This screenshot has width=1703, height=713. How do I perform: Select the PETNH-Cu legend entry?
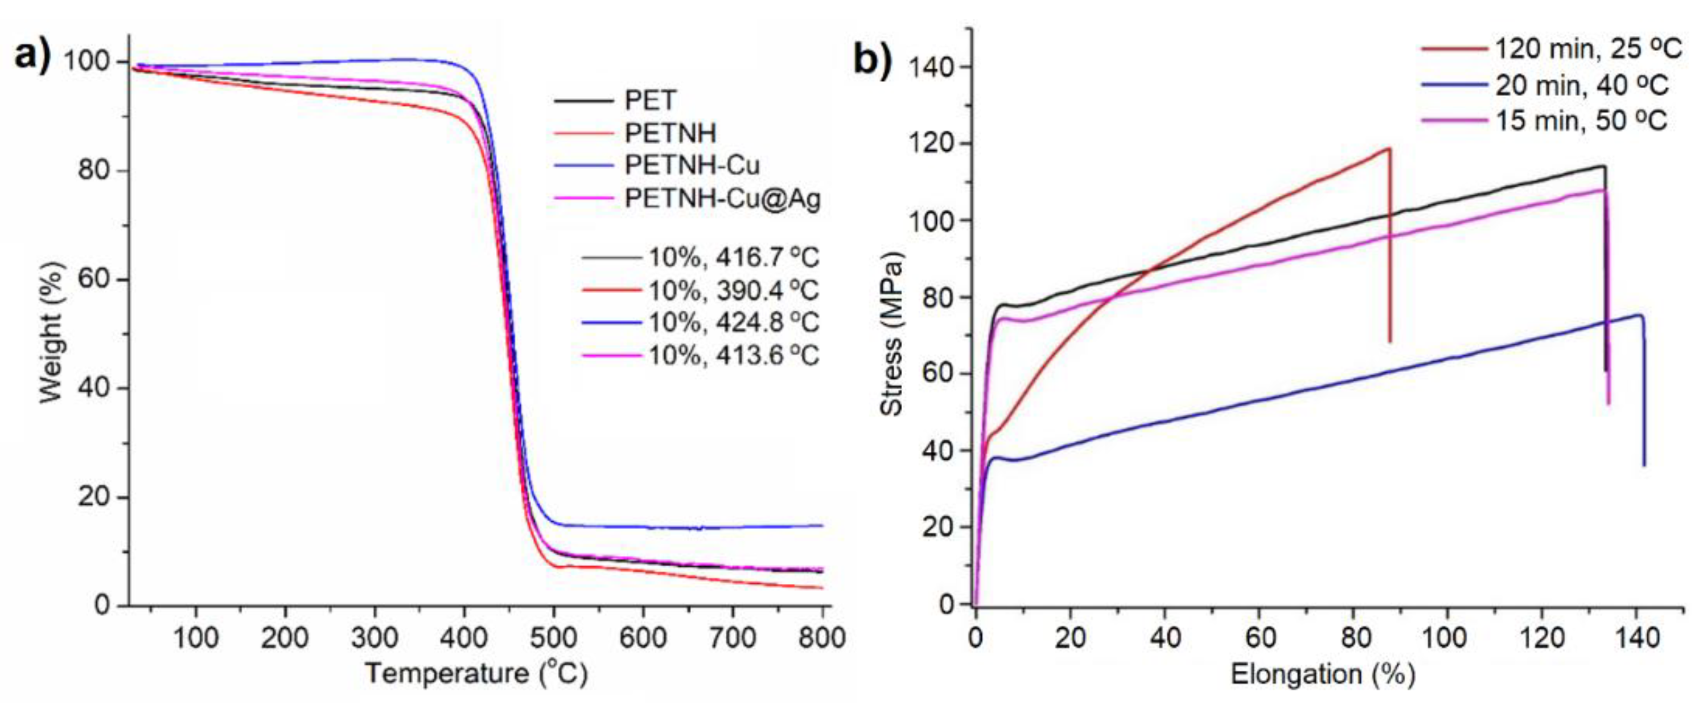[x=692, y=165]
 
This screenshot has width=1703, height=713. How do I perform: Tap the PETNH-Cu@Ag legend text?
[x=722, y=198]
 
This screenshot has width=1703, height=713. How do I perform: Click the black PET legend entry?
[x=650, y=101]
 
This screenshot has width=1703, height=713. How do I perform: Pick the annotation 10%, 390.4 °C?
[x=733, y=290]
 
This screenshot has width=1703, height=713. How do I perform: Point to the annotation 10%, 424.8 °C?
[x=733, y=323]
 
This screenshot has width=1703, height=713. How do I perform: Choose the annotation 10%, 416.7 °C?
[x=733, y=257]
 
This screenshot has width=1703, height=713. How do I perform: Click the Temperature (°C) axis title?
[x=476, y=674]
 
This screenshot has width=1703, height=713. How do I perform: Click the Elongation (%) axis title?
[x=1322, y=674]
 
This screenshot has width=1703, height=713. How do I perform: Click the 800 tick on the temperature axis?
[x=821, y=638]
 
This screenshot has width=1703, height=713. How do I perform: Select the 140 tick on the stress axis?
[x=932, y=67]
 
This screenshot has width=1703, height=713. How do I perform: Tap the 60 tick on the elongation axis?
[x=1260, y=638]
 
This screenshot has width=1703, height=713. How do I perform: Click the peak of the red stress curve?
[x=1389, y=149]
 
